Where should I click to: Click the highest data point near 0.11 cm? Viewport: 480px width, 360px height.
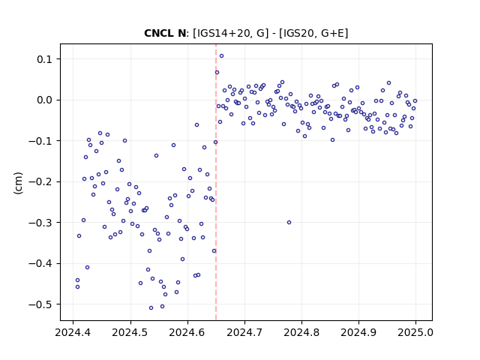(221, 56)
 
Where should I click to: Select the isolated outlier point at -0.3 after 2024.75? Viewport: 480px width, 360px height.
(289, 223)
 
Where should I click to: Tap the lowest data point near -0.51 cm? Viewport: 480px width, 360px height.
(151, 308)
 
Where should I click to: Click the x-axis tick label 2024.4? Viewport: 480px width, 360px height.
(73, 332)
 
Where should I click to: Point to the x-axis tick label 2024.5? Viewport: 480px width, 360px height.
(130, 332)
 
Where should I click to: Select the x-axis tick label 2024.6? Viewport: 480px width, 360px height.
(187, 332)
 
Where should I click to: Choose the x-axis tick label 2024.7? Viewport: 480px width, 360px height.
(244, 332)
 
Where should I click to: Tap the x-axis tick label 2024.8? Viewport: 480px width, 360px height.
(301, 332)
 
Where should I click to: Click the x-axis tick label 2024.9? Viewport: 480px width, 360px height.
(358, 332)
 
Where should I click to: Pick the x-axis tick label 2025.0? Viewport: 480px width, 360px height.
(415, 332)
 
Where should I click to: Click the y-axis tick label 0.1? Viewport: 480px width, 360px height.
(44, 59)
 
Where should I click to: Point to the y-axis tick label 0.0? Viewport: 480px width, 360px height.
(44, 100)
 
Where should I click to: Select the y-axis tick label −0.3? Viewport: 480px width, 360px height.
(40, 223)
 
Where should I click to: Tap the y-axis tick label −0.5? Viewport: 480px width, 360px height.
(40, 304)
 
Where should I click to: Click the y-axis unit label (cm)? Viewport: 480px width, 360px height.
(18, 183)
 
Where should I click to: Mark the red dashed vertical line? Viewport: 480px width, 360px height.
(216, 182)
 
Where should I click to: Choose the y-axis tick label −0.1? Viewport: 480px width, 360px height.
(40, 141)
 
